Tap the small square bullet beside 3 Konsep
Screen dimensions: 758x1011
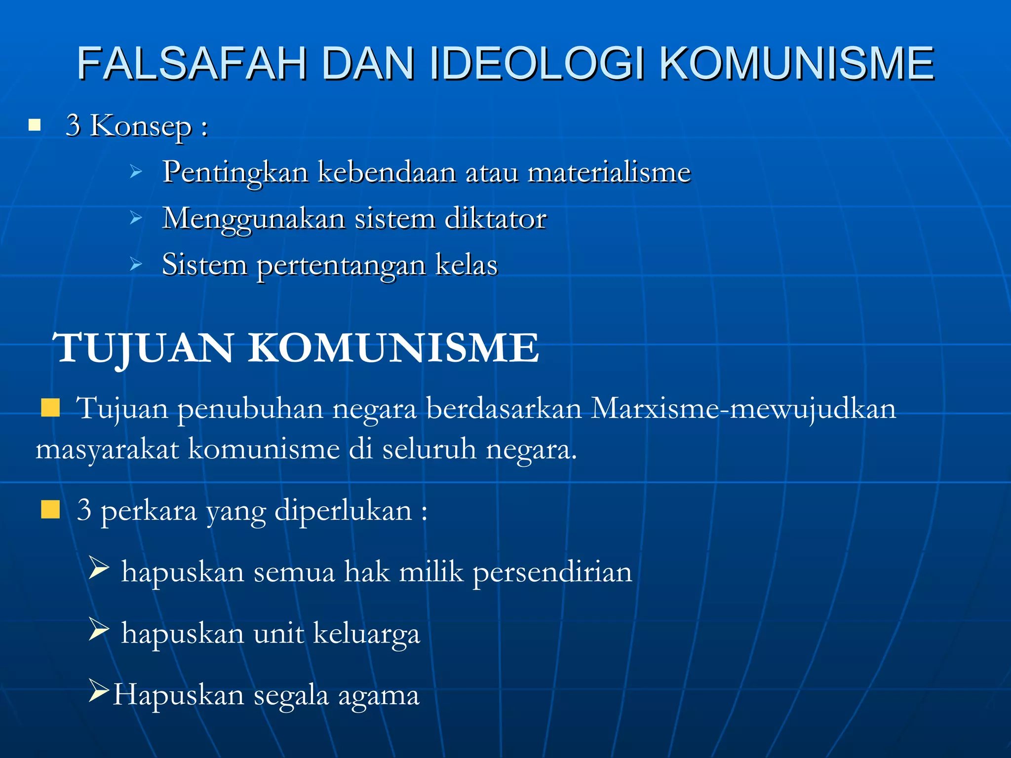click(34, 125)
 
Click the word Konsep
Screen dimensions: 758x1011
click(141, 126)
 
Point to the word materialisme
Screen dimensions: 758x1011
click(609, 172)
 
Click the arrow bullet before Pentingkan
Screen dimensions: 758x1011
click(136, 172)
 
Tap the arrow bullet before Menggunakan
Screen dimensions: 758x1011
click(136, 218)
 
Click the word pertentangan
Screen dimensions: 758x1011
click(341, 265)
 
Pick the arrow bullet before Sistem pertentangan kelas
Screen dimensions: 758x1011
click(136, 265)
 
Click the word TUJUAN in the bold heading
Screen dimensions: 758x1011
click(143, 348)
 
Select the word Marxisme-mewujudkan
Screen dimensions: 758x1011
click(743, 409)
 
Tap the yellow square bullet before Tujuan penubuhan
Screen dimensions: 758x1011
click(50, 408)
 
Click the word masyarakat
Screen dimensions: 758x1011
click(107, 450)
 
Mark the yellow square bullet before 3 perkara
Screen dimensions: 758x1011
click(50, 509)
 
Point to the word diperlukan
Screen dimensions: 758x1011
click(343, 511)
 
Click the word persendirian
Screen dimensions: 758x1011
click(552, 572)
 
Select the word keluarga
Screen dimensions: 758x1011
click(366, 634)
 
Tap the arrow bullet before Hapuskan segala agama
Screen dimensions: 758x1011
click(99, 691)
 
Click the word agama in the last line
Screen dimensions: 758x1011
click(379, 696)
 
